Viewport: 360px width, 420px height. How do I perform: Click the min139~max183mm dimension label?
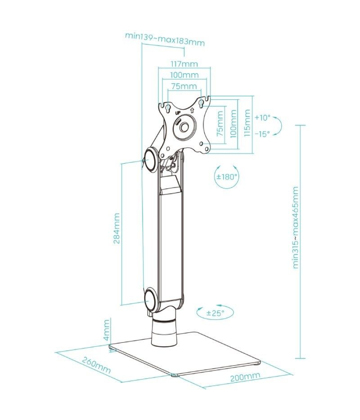point(165,39)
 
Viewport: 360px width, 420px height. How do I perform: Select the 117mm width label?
point(184,64)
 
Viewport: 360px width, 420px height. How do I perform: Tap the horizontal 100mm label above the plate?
point(184,75)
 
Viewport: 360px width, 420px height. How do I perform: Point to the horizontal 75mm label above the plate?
point(184,86)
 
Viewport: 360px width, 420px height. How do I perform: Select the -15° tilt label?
point(262,134)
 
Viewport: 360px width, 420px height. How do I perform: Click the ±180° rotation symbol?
point(227,177)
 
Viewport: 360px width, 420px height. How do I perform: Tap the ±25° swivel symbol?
point(215,312)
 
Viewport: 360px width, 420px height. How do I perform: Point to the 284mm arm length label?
point(116,228)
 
